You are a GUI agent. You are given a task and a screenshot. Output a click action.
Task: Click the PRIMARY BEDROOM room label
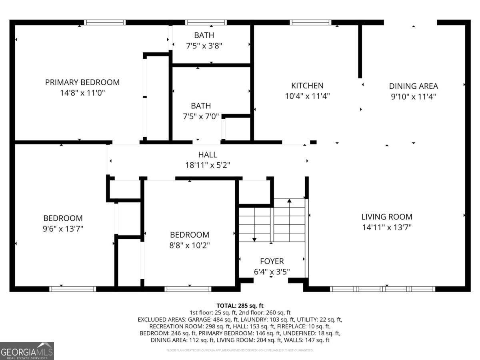(x=82, y=82)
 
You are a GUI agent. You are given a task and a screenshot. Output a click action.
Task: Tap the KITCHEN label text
(x=307, y=86)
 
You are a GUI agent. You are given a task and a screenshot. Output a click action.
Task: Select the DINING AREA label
(x=413, y=86)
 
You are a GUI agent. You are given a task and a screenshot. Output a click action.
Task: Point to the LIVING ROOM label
(x=386, y=217)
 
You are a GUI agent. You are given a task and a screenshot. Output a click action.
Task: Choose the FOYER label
(x=272, y=261)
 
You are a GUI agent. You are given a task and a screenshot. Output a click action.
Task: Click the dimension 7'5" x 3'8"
(x=204, y=46)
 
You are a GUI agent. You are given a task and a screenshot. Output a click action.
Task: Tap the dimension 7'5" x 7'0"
(x=201, y=116)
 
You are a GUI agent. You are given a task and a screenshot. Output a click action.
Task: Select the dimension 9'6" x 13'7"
(x=63, y=229)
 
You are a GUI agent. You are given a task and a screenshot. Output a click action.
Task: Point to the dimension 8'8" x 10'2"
(x=190, y=245)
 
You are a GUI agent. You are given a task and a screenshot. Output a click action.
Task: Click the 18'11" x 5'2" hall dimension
(x=208, y=165)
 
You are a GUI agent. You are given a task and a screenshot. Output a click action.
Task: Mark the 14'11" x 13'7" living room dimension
(x=386, y=227)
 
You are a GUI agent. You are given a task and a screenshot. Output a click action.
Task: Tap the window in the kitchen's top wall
(x=311, y=22)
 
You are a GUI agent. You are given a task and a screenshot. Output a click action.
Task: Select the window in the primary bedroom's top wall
(x=105, y=22)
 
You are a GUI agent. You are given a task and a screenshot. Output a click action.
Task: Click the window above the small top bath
(x=206, y=22)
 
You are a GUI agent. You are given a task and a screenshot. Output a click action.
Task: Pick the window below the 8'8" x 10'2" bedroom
(x=188, y=289)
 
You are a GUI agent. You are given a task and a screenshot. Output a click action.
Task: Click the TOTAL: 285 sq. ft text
(x=240, y=306)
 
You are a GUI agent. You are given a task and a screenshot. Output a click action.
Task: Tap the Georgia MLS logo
(x=27, y=351)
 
